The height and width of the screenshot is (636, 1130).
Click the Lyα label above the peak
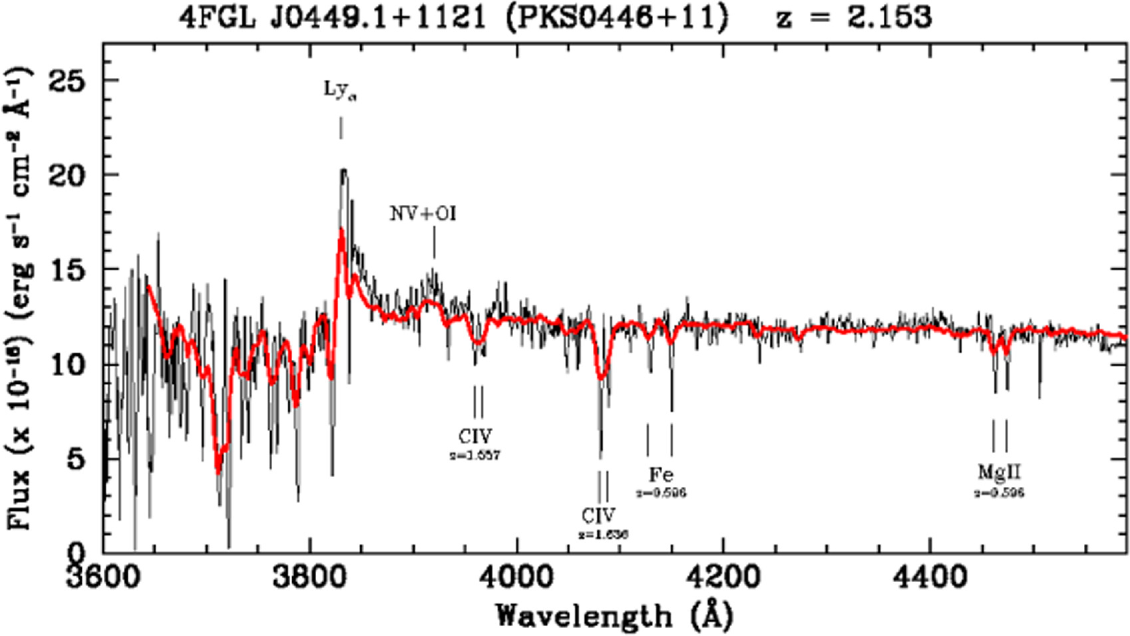coord(340,90)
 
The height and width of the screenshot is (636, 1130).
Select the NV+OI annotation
coord(423,214)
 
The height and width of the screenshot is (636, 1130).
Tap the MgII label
coord(999,472)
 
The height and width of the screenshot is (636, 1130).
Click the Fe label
coord(661,474)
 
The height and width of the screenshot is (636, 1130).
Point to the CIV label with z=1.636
coord(598,515)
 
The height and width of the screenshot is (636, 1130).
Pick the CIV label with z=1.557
coord(475,436)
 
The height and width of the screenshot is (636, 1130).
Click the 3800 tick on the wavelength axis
coord(310,577)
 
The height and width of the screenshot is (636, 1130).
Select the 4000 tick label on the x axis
coord(516,577)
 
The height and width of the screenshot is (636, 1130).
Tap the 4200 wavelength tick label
coord(723,577)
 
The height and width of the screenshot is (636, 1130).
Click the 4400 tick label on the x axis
coord(930,577)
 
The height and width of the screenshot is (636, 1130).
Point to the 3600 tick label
coord(104,577)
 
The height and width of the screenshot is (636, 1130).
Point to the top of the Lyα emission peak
coord(343,170)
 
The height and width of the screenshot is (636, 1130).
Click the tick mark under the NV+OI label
coord(434,242)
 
